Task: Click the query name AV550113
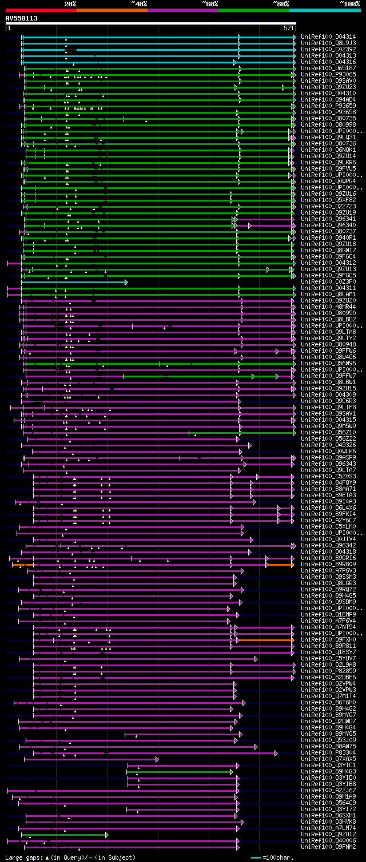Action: tap(22, 18)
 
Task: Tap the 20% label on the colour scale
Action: tap(70, 3)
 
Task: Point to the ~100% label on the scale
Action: tap(349, 3)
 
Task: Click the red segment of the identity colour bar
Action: tap(41, 10)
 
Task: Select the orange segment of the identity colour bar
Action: tap(112, 10)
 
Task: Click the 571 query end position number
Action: tap(288, 27)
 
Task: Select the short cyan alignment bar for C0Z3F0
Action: tap(74, 282)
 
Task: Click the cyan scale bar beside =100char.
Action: tap(256, 857)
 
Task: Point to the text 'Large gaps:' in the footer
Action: tap(23, 857)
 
